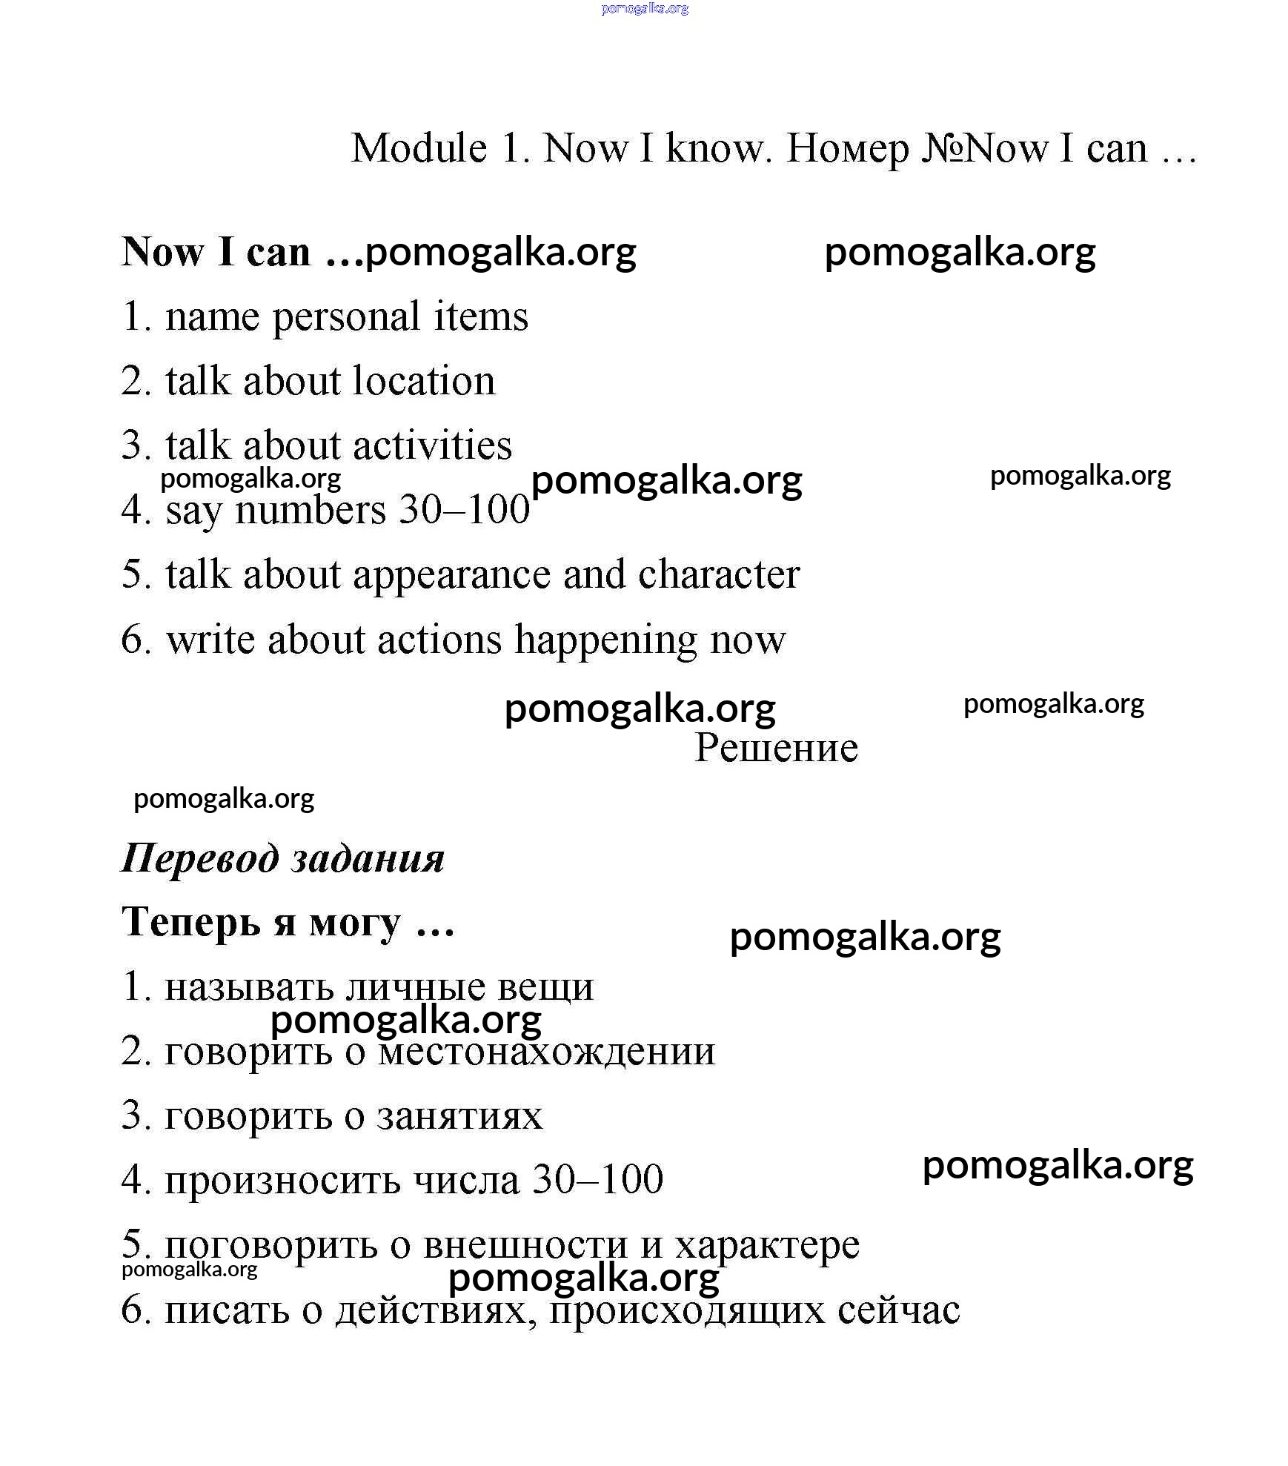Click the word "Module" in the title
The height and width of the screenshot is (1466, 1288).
419,148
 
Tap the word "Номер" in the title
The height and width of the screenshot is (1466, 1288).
847,148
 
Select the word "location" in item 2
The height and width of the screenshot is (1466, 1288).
424,381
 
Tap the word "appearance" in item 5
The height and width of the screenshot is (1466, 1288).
451,575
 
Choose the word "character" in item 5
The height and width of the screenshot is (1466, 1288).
719,575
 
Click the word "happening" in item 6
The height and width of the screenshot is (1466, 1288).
605,640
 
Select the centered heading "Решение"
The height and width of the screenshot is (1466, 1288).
776,748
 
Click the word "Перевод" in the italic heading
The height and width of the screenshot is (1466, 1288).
199,859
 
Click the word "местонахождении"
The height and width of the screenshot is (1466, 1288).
546,1052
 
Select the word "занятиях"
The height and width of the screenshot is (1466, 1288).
459,1116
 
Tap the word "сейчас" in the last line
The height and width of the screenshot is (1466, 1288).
899,1310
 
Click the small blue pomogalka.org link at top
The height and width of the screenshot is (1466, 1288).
645,8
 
